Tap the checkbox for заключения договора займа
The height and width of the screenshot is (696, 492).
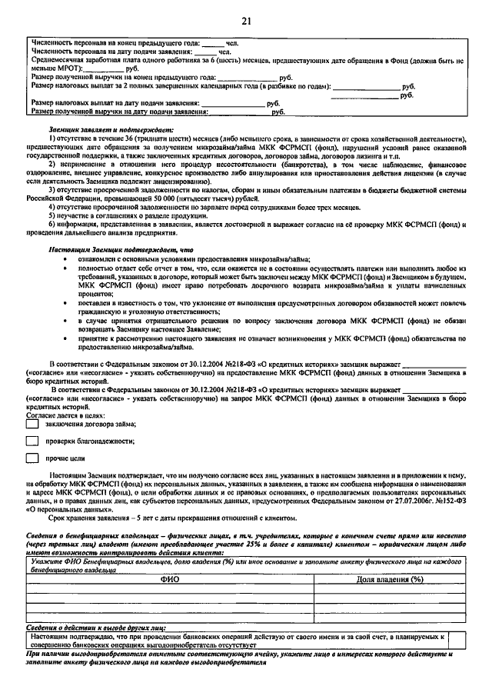[32, 423]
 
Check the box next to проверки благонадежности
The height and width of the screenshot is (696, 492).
[32, 441]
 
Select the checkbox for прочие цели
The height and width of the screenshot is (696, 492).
[32, 458]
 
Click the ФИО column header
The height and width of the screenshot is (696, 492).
[169, 579]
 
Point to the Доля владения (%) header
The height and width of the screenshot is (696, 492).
[390, 579]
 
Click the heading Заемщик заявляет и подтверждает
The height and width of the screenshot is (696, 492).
[111, 131]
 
